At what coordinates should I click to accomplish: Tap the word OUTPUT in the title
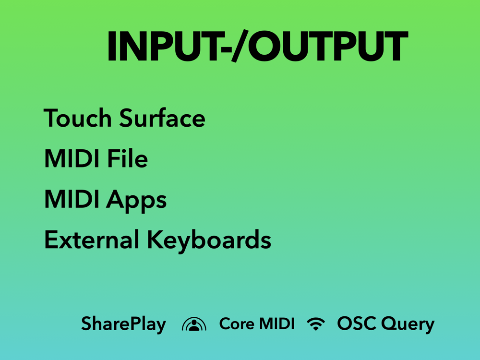[328, 46]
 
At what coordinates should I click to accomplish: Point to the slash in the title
[240, 46]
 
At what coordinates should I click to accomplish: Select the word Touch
[77, 118]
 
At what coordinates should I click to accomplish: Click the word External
[92, 240]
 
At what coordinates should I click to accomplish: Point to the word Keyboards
[209, 241]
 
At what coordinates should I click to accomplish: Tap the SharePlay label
[123, 324]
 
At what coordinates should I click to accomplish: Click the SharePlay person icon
[194, 325]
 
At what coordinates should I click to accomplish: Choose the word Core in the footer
[237, 324]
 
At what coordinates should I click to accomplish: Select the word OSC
[357, 323]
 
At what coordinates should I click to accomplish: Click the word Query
[408, 324]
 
